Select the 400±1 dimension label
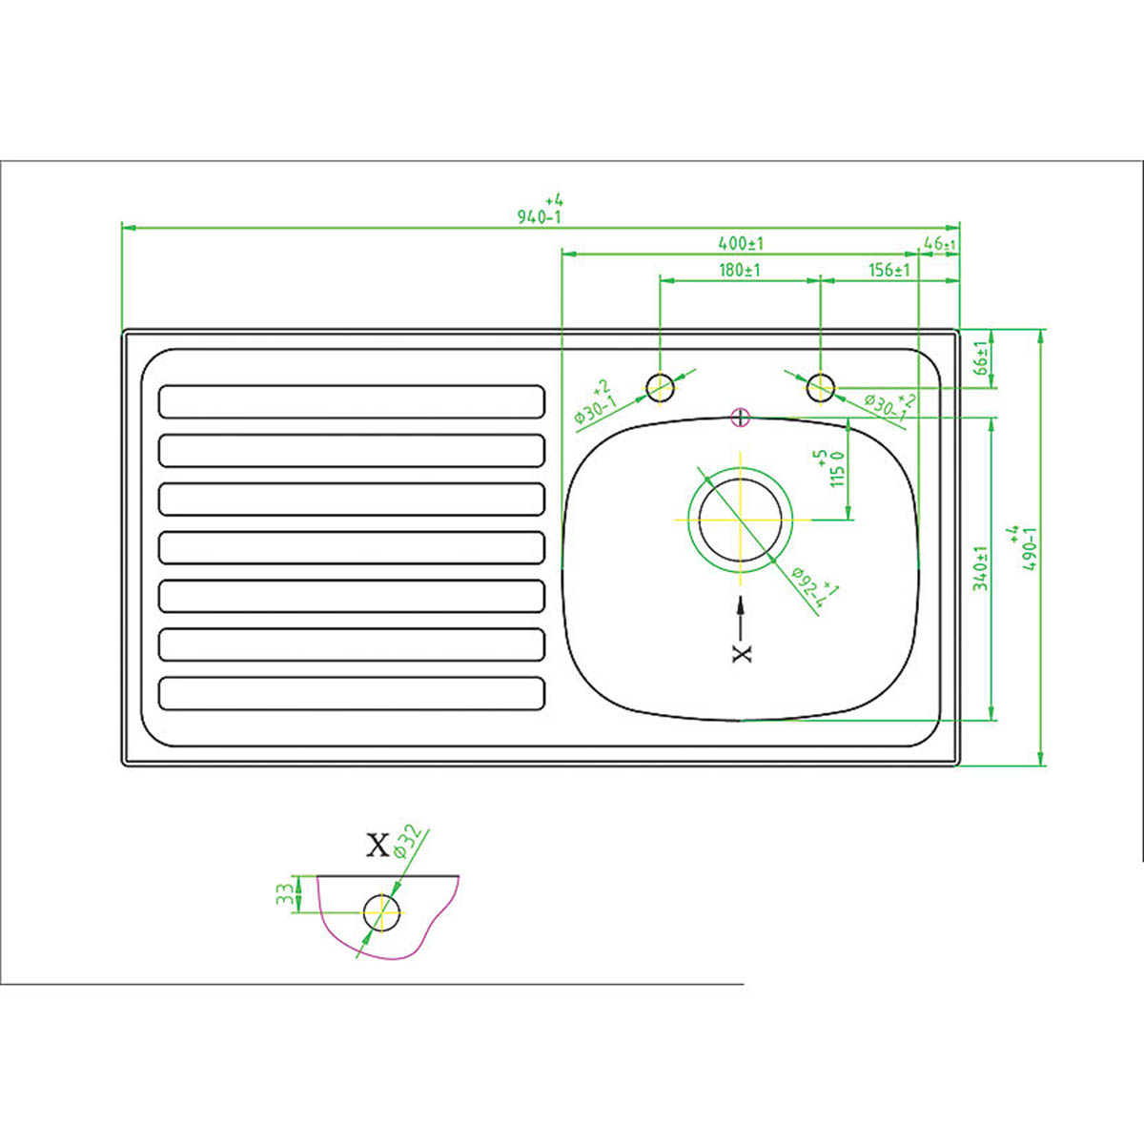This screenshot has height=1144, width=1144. click(x=741, y=243)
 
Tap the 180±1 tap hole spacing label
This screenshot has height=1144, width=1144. click(x=740, y=270)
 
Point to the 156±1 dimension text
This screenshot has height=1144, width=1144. click(x=889, y=270)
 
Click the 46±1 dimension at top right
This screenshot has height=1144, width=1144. click(x=940, y=244)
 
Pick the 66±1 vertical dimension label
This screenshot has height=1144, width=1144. click(x=980, y=359)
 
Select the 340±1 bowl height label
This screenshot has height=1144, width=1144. click(x=980, y=568)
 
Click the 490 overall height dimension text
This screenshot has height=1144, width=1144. click(x=1027, y=548)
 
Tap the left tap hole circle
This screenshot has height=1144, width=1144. click(x=661, y=388)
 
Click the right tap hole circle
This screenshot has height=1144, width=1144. click(x=821, y=388)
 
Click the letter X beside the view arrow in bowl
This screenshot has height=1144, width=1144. click(x=742, y=652)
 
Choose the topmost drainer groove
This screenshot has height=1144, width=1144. click(x=352, y=401)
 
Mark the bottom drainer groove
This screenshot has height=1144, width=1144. click(x=352, y=693)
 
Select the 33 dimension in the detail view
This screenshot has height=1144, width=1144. click(x=284, y=894)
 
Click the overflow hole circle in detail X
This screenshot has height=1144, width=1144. click(x=381, y=912)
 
